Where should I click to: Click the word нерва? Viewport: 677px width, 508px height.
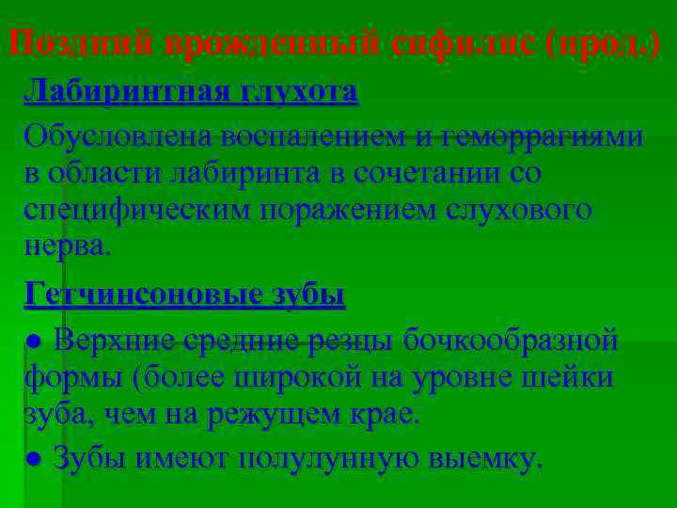[67, 246]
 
